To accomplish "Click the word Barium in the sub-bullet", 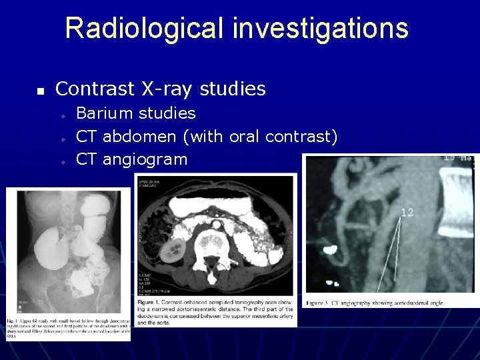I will tap(101, 113).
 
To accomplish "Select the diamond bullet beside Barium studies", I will tap(61, 115).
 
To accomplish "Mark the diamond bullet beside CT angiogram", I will tap(61, 161).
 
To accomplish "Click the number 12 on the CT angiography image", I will tap(407, 213).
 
